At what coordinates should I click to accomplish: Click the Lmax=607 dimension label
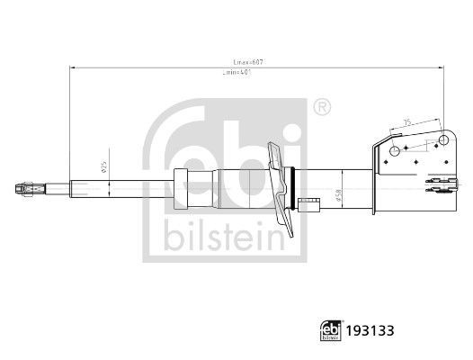pyautogui.click(x=248, y=61)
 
